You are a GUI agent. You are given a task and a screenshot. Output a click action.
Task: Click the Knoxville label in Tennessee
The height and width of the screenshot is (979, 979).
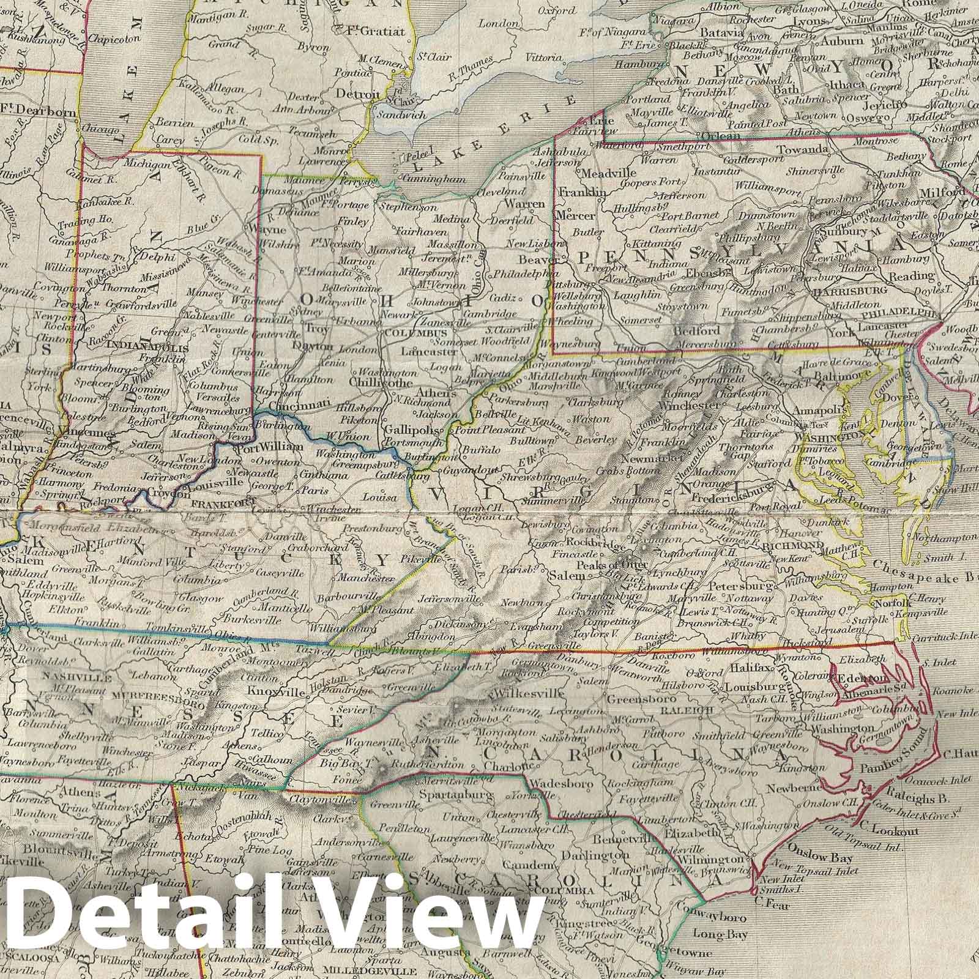[272, 691]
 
